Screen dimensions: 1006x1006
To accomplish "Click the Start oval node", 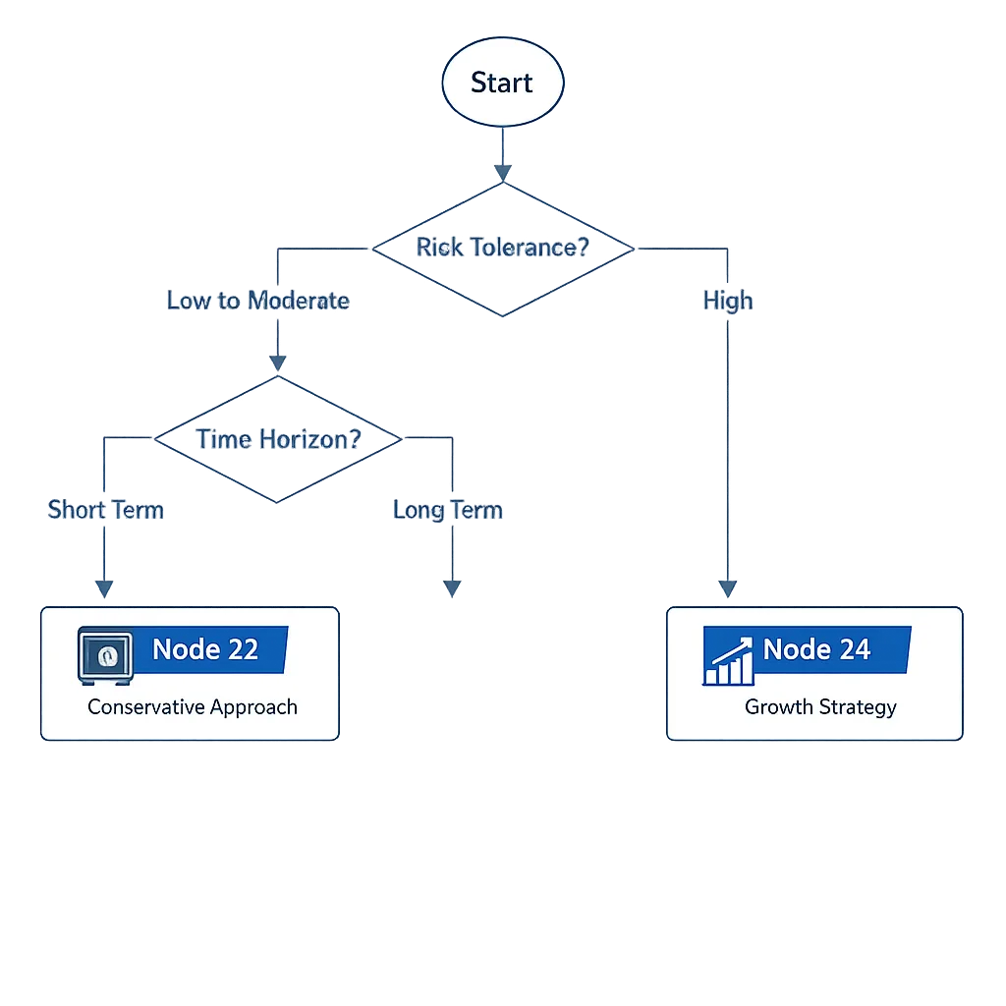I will point(502,84).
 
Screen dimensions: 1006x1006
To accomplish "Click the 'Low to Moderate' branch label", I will point(257,301).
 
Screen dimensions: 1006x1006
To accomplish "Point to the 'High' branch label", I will point(727,301).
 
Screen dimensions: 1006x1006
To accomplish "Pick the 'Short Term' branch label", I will point(105,510).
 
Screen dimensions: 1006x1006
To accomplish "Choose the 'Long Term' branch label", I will point(447,511).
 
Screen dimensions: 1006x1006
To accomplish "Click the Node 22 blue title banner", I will point(207,649).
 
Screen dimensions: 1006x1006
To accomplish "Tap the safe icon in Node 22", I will point(104,655).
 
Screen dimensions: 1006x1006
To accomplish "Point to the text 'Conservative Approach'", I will point(193,707).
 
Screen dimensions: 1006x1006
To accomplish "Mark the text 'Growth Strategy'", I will point(820,707).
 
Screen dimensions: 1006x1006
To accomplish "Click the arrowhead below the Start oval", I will point(502,173).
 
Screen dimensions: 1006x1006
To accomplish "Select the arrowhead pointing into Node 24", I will point(727,588).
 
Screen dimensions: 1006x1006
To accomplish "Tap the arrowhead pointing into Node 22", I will point(104,588).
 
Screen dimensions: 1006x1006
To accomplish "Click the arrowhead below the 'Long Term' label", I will point(451,587).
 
